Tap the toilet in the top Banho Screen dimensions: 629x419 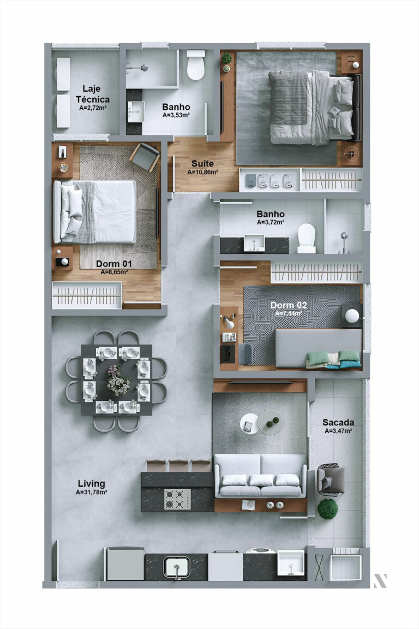pos(195,66)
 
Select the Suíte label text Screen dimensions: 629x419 pos(202,163)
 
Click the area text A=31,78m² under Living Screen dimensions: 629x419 pos(91,492)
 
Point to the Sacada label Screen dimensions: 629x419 pos(338,422)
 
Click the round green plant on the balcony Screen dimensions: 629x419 pos(327,509)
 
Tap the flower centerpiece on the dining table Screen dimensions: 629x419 pos(118,380)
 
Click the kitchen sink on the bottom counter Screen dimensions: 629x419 pos(177,567)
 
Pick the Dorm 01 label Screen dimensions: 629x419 pos(114,264)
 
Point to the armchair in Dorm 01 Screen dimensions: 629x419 pos(145,156)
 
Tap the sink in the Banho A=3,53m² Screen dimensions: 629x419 pos(136,111)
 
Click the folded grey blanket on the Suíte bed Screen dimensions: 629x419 pos(289,97)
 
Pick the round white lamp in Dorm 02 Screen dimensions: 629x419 pos(352,316)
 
